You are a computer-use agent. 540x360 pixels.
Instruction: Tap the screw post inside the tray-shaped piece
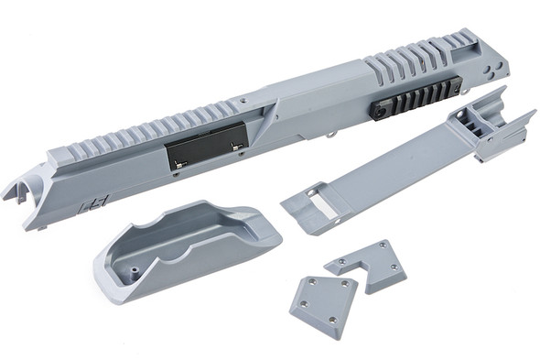[134, 271]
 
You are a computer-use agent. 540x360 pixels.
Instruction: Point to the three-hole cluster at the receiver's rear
[494, 68]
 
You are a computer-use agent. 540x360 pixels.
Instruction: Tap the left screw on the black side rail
[377, 109]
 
